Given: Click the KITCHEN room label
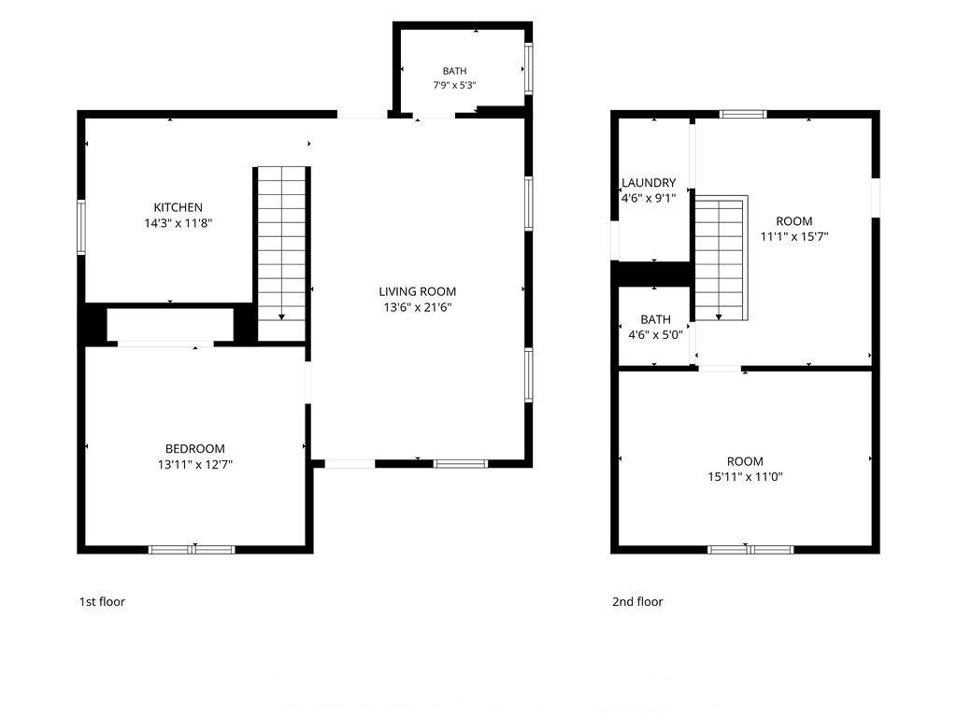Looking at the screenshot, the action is [179, 207].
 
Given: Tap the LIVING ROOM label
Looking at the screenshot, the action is [418, 291].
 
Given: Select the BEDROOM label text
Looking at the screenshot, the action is [194, 449].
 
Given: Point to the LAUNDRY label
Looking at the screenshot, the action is [649, 182].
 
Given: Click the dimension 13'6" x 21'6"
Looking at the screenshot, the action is [418, 307].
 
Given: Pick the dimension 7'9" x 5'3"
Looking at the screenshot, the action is [455, 85].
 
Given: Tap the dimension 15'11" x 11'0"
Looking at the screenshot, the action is [745, 477].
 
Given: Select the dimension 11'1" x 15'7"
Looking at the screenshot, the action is [794, 236].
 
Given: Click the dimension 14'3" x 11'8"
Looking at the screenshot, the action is [179, 223].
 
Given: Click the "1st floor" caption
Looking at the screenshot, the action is [102, 602].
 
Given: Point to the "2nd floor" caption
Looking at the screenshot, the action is [637, 602].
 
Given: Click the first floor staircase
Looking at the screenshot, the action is [281, 254].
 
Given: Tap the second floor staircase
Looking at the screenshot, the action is [721, 258].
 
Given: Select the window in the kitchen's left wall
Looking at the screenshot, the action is [80, 227].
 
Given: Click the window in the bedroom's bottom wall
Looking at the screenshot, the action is [192, 550].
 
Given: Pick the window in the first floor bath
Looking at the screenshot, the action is [529, 68].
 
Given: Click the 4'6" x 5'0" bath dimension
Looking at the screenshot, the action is [655, 335].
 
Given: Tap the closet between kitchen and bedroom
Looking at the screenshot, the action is [170, 325].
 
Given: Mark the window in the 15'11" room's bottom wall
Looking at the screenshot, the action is [750, 550].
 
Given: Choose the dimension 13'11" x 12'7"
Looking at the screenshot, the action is [194, 465].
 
